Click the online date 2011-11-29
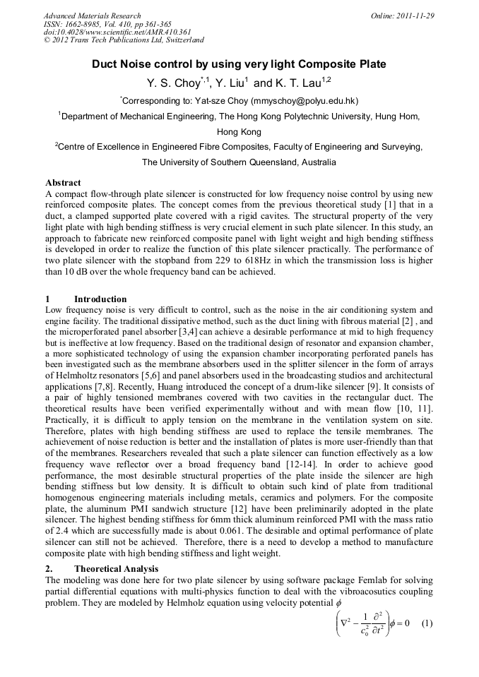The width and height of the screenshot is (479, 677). pos(414,16)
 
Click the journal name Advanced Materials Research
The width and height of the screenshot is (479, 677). pos(93,16)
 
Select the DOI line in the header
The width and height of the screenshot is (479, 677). pos(117,32)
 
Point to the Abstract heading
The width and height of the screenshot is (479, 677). pos(63,184)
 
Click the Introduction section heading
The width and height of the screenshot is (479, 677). pos(100,299)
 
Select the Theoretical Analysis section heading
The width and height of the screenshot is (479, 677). pos(117,569)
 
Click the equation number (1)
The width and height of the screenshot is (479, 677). pos(426,623)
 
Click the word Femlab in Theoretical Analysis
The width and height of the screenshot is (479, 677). pos(306,580)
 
